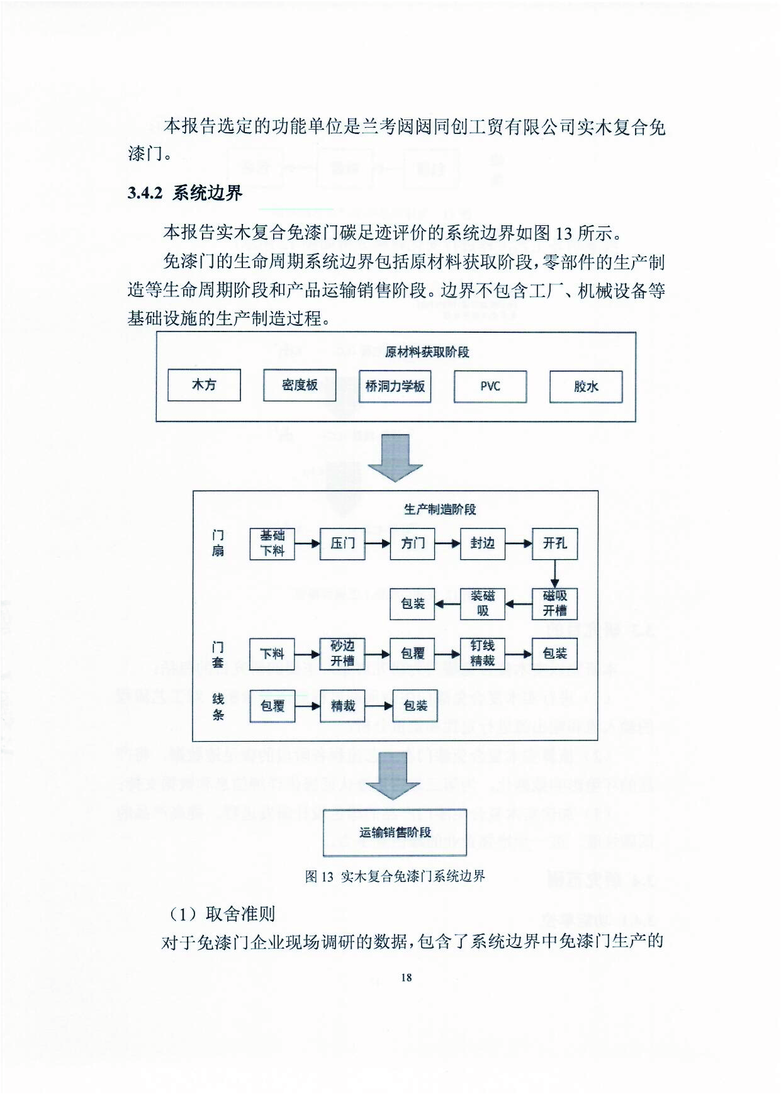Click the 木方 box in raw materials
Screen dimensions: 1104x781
(x=204, y=385)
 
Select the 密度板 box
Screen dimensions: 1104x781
(x=300, y=385)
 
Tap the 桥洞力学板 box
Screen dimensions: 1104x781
(x=395, y=386)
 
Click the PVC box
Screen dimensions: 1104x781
(x=490, y=386)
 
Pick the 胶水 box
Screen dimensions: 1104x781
(x=586, y=386)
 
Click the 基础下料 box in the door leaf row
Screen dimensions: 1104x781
(x=273, y=544)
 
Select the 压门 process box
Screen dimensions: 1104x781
(x=342, y=544)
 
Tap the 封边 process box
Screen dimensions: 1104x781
(x=483, y=544)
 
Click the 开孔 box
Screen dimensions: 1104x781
(x=554, y=544)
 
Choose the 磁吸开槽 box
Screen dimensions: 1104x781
(x=554, y=603)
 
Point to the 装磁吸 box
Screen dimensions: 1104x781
(x=483, y=603)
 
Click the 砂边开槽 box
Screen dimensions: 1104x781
(x=342, y=654)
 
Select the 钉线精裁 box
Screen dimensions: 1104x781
(x=483, y=654)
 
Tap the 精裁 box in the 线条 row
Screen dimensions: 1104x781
(x=342, y=706)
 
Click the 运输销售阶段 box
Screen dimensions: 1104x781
(x=395, y=832)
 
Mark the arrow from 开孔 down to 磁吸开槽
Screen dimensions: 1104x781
(x=554, y=573)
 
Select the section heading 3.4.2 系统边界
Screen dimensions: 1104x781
(x=185, y=193)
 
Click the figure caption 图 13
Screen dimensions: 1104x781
(x=395, y=876)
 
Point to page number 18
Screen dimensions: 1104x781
(x=406, y=977)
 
